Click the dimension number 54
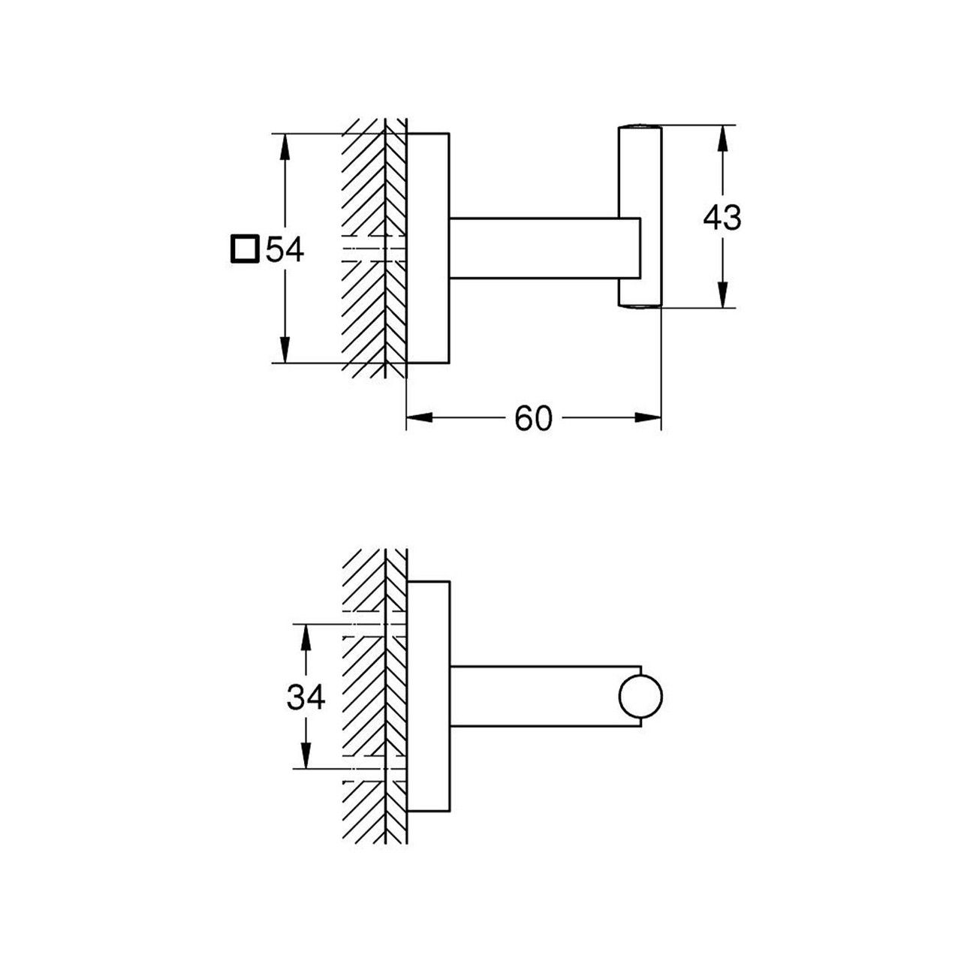[284, 249]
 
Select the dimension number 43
[722, 218]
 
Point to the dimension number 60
[533, 419]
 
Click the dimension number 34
[306, 698]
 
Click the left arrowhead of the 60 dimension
[417, 419]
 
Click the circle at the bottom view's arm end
[640, 697]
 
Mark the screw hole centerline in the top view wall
[375, 249]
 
